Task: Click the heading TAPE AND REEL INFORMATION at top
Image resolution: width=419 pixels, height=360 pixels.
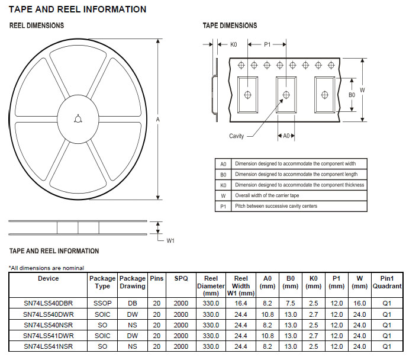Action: (x=78, y=9)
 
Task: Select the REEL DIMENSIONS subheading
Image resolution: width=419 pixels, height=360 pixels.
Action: (x=37, y=25)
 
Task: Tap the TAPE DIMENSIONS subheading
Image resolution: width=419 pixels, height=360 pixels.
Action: (x=230, y=25)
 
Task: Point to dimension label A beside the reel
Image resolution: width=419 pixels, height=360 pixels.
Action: (x=158, y=120)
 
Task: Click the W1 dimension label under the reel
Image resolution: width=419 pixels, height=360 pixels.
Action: (x=170, y=240)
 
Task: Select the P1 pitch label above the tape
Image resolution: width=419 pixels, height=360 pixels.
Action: (x=267, y=44)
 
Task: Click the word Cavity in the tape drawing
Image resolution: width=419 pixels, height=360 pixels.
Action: (x=237, y=136)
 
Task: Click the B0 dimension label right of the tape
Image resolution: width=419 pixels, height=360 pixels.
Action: (x=351, y=95)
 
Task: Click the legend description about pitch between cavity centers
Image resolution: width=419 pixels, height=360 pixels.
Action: (x=276, y=206)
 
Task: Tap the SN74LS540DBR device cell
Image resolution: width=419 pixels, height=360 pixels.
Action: (x=49, y=303)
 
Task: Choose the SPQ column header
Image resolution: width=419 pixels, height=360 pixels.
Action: (x=181, y=278)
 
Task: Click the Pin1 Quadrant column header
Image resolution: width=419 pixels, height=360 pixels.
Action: (x=387, y=282)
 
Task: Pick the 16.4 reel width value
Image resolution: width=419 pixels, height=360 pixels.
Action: (x=241, y=303)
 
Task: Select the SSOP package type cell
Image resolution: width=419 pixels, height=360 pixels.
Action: (x=102, y=303)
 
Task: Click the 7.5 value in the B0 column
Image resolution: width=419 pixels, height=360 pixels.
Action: (x=291, y=303)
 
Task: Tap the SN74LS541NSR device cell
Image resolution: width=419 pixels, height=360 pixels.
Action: (x=49, y=345)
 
